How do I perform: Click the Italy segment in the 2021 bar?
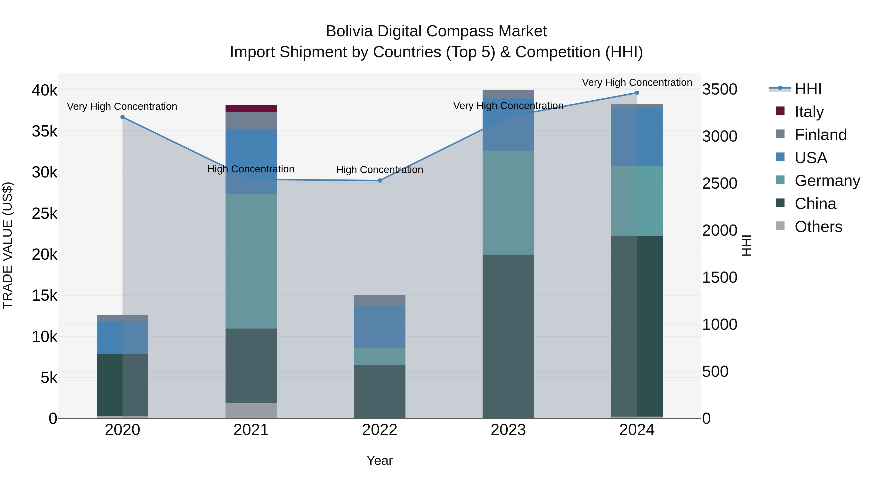[x=251, y=108]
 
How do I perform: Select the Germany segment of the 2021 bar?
[x=251, y=261]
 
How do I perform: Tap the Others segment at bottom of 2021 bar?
[x=251, y=410]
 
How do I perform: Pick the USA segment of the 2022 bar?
[x=380, y=327]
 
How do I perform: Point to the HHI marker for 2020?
[x=123, y=117]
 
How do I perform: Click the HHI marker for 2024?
[x=637, y=93]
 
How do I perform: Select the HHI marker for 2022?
[x=380, y=181]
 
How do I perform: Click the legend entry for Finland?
[x=820, y=135]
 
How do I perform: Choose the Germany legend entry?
[x=827, y=181]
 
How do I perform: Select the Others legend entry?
[x=818, y=227]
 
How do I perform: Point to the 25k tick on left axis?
[x=44, y=213]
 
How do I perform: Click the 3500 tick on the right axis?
[x=719, y=89]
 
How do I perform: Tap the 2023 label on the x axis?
[x=508, y=430]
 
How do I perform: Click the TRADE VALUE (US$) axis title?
[x=8, y=245]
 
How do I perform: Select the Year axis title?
[x=380, y=460]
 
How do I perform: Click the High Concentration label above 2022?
[x=380, y=170]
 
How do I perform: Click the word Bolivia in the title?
[x=349, y=31]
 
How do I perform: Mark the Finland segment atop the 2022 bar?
[x=380, y=301]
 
